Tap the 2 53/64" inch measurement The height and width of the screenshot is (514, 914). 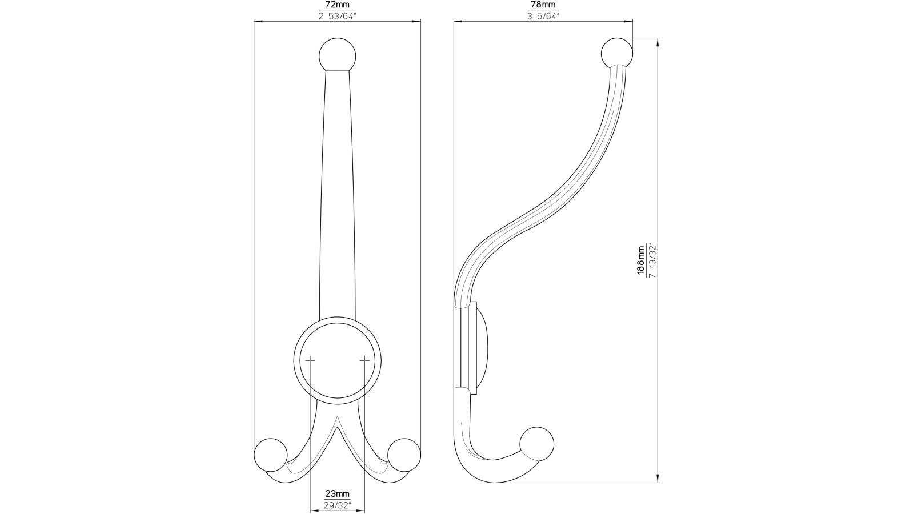[337, 16]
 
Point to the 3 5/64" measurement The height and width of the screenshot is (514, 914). [543, 16]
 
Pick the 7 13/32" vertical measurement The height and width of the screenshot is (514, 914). [652, 261]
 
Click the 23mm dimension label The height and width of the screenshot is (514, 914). [337, 493]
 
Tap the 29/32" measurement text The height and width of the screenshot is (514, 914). [337, 505]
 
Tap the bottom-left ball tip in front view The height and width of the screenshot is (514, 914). [270, 454]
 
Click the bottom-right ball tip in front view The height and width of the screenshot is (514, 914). [404, 454]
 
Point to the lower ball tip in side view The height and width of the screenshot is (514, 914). [537, 443]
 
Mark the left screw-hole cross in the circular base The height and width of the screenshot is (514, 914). [310, 360]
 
